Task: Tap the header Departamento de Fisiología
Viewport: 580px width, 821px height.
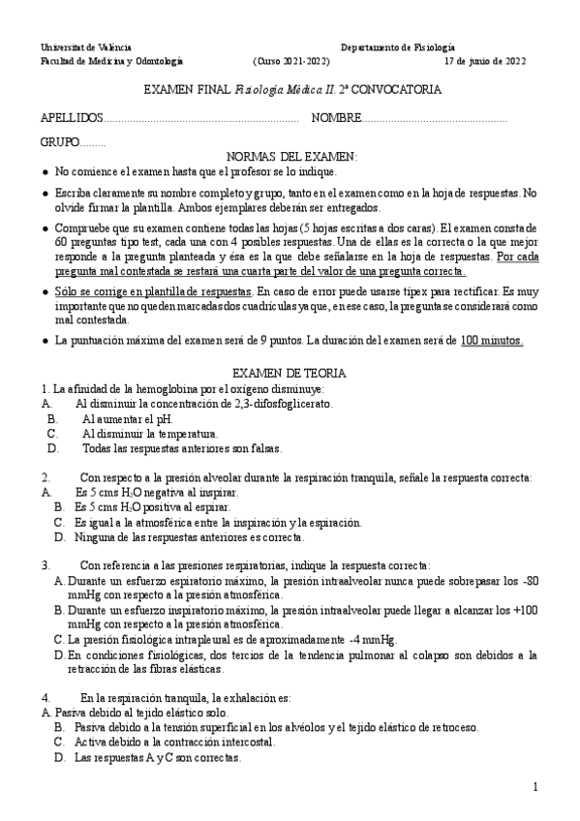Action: point(398,46)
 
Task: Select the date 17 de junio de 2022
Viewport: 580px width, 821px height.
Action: point(484,60)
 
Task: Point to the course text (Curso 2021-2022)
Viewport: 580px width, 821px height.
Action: point(290,60)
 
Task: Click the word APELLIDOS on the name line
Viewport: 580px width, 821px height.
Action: point(71,117)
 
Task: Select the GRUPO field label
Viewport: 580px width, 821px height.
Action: point(60,141)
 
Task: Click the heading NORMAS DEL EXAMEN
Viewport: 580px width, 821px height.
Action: point(290,156)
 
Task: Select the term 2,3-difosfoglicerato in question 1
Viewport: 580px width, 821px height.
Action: point(281,403)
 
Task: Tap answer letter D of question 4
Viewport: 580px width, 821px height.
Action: point(59,758)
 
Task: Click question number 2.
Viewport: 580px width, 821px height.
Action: point(46,477)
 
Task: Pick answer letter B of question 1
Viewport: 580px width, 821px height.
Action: point(52,418)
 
